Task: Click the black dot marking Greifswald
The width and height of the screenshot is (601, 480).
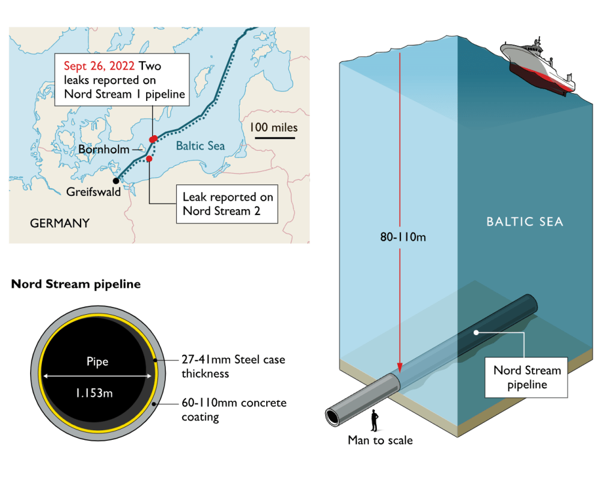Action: point(115,180)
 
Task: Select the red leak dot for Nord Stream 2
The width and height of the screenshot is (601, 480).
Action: point(149,159)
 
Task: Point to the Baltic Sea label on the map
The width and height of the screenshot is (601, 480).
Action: point(200,146)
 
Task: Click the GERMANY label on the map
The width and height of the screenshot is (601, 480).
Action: point(59,223)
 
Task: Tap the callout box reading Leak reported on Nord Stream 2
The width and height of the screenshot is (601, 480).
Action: point(227,204)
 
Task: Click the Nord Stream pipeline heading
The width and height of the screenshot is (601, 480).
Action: point(76,284)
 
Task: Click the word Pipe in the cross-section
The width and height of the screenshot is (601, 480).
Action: point(96,362)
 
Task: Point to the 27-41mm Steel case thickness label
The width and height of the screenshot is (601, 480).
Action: point(233,366)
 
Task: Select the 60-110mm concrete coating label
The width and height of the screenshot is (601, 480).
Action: point(234,409)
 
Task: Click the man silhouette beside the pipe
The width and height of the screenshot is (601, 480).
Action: point(374,421)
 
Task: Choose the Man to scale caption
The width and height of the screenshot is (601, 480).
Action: point(380,440)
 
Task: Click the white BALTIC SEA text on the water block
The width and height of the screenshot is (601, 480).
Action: point(525,222)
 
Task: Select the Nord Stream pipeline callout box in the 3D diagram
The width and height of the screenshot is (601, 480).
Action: point(527,377)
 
